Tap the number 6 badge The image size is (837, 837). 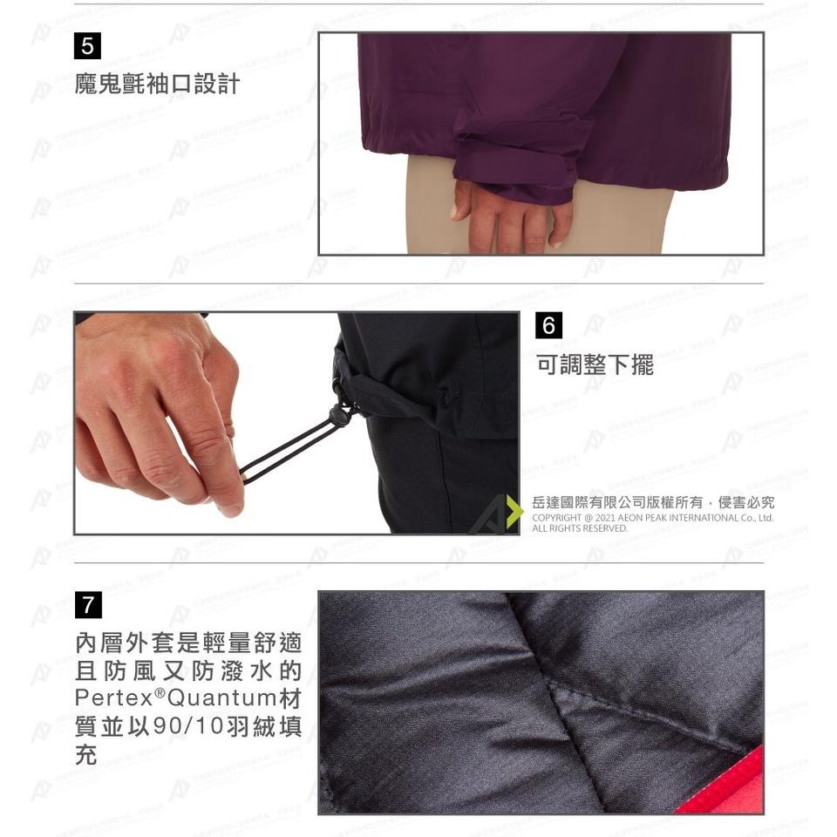(x=548, y=326)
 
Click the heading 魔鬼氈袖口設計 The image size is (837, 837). (x=157, y=85)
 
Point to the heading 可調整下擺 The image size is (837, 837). (x=595, y=364)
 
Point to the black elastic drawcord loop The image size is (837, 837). (x=288, y=448)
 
